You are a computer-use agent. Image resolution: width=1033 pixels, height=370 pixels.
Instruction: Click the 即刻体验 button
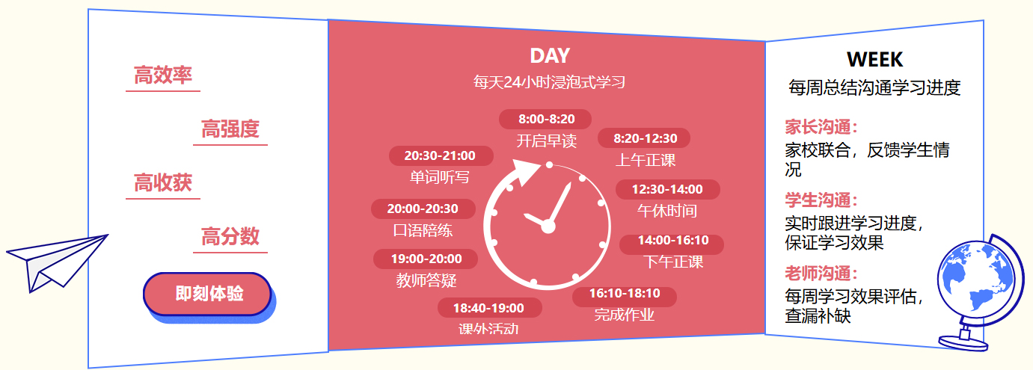point(207,294)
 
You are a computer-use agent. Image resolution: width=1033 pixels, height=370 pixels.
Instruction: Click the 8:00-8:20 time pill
point(545,119)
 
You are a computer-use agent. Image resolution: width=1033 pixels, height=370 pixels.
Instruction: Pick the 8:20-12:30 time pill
point(644,138)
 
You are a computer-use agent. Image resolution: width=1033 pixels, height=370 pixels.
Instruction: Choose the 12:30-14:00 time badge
point(667,189)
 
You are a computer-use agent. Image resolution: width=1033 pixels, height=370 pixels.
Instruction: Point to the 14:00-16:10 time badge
point(672,240)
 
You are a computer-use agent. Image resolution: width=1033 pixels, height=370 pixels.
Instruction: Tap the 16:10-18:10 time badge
point(625,294)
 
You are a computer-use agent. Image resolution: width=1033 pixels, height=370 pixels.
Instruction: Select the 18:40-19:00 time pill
point(489,308)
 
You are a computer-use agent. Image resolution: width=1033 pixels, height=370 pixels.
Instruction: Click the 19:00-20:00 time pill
point(426,259)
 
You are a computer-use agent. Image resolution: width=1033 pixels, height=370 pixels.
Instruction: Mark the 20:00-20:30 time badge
point(423,209)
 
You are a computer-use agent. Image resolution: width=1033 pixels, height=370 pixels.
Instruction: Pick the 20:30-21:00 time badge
point(441,155)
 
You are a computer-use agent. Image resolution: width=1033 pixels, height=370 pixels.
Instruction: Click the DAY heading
point(550,56)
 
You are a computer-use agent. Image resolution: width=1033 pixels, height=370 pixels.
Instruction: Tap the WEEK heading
point(875,60)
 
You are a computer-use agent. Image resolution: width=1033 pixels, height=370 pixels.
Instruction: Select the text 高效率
point(163,75)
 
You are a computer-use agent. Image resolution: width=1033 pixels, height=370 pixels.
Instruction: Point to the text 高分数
point(230,236)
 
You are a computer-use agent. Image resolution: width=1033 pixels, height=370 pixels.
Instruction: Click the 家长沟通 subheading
point(821,127)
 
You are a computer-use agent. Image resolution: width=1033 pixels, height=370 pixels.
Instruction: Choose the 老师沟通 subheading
point(821,274)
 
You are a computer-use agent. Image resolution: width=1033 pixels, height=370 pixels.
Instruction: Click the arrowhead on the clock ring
point(526,172)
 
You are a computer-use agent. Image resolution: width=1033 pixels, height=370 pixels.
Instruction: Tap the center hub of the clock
point(548,226)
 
